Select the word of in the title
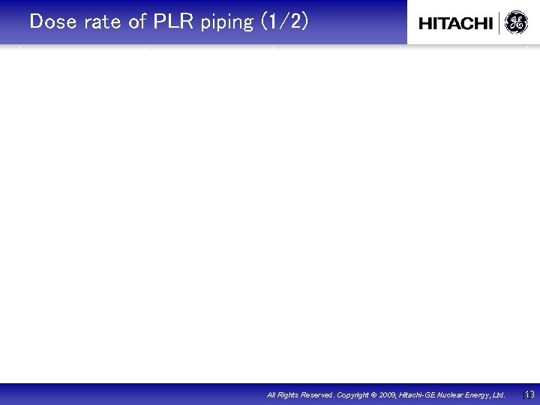pyautogui.click(x=137, y=22)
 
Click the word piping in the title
pyautogui.click(x=227, y=22)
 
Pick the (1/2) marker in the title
pyautogui.click(x=284, y=22)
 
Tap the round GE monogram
pyautogui.click(x=516, y=23)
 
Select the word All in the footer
pyautogui.click(x=271, y=394)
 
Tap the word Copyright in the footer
pyautogui.click(x=352, y=394)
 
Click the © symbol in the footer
pyautogui.click(x=373, y=394)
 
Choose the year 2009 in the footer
pyautogui.click(x=388, y=394)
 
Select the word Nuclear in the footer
pyautogui.click(x=453, y=394)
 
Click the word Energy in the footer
pyautogui.click(x=480, y=394)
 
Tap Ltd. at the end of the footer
pyautogui.click(x=499, y=394)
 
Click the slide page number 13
pyautogui.click(x=529, y=394)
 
